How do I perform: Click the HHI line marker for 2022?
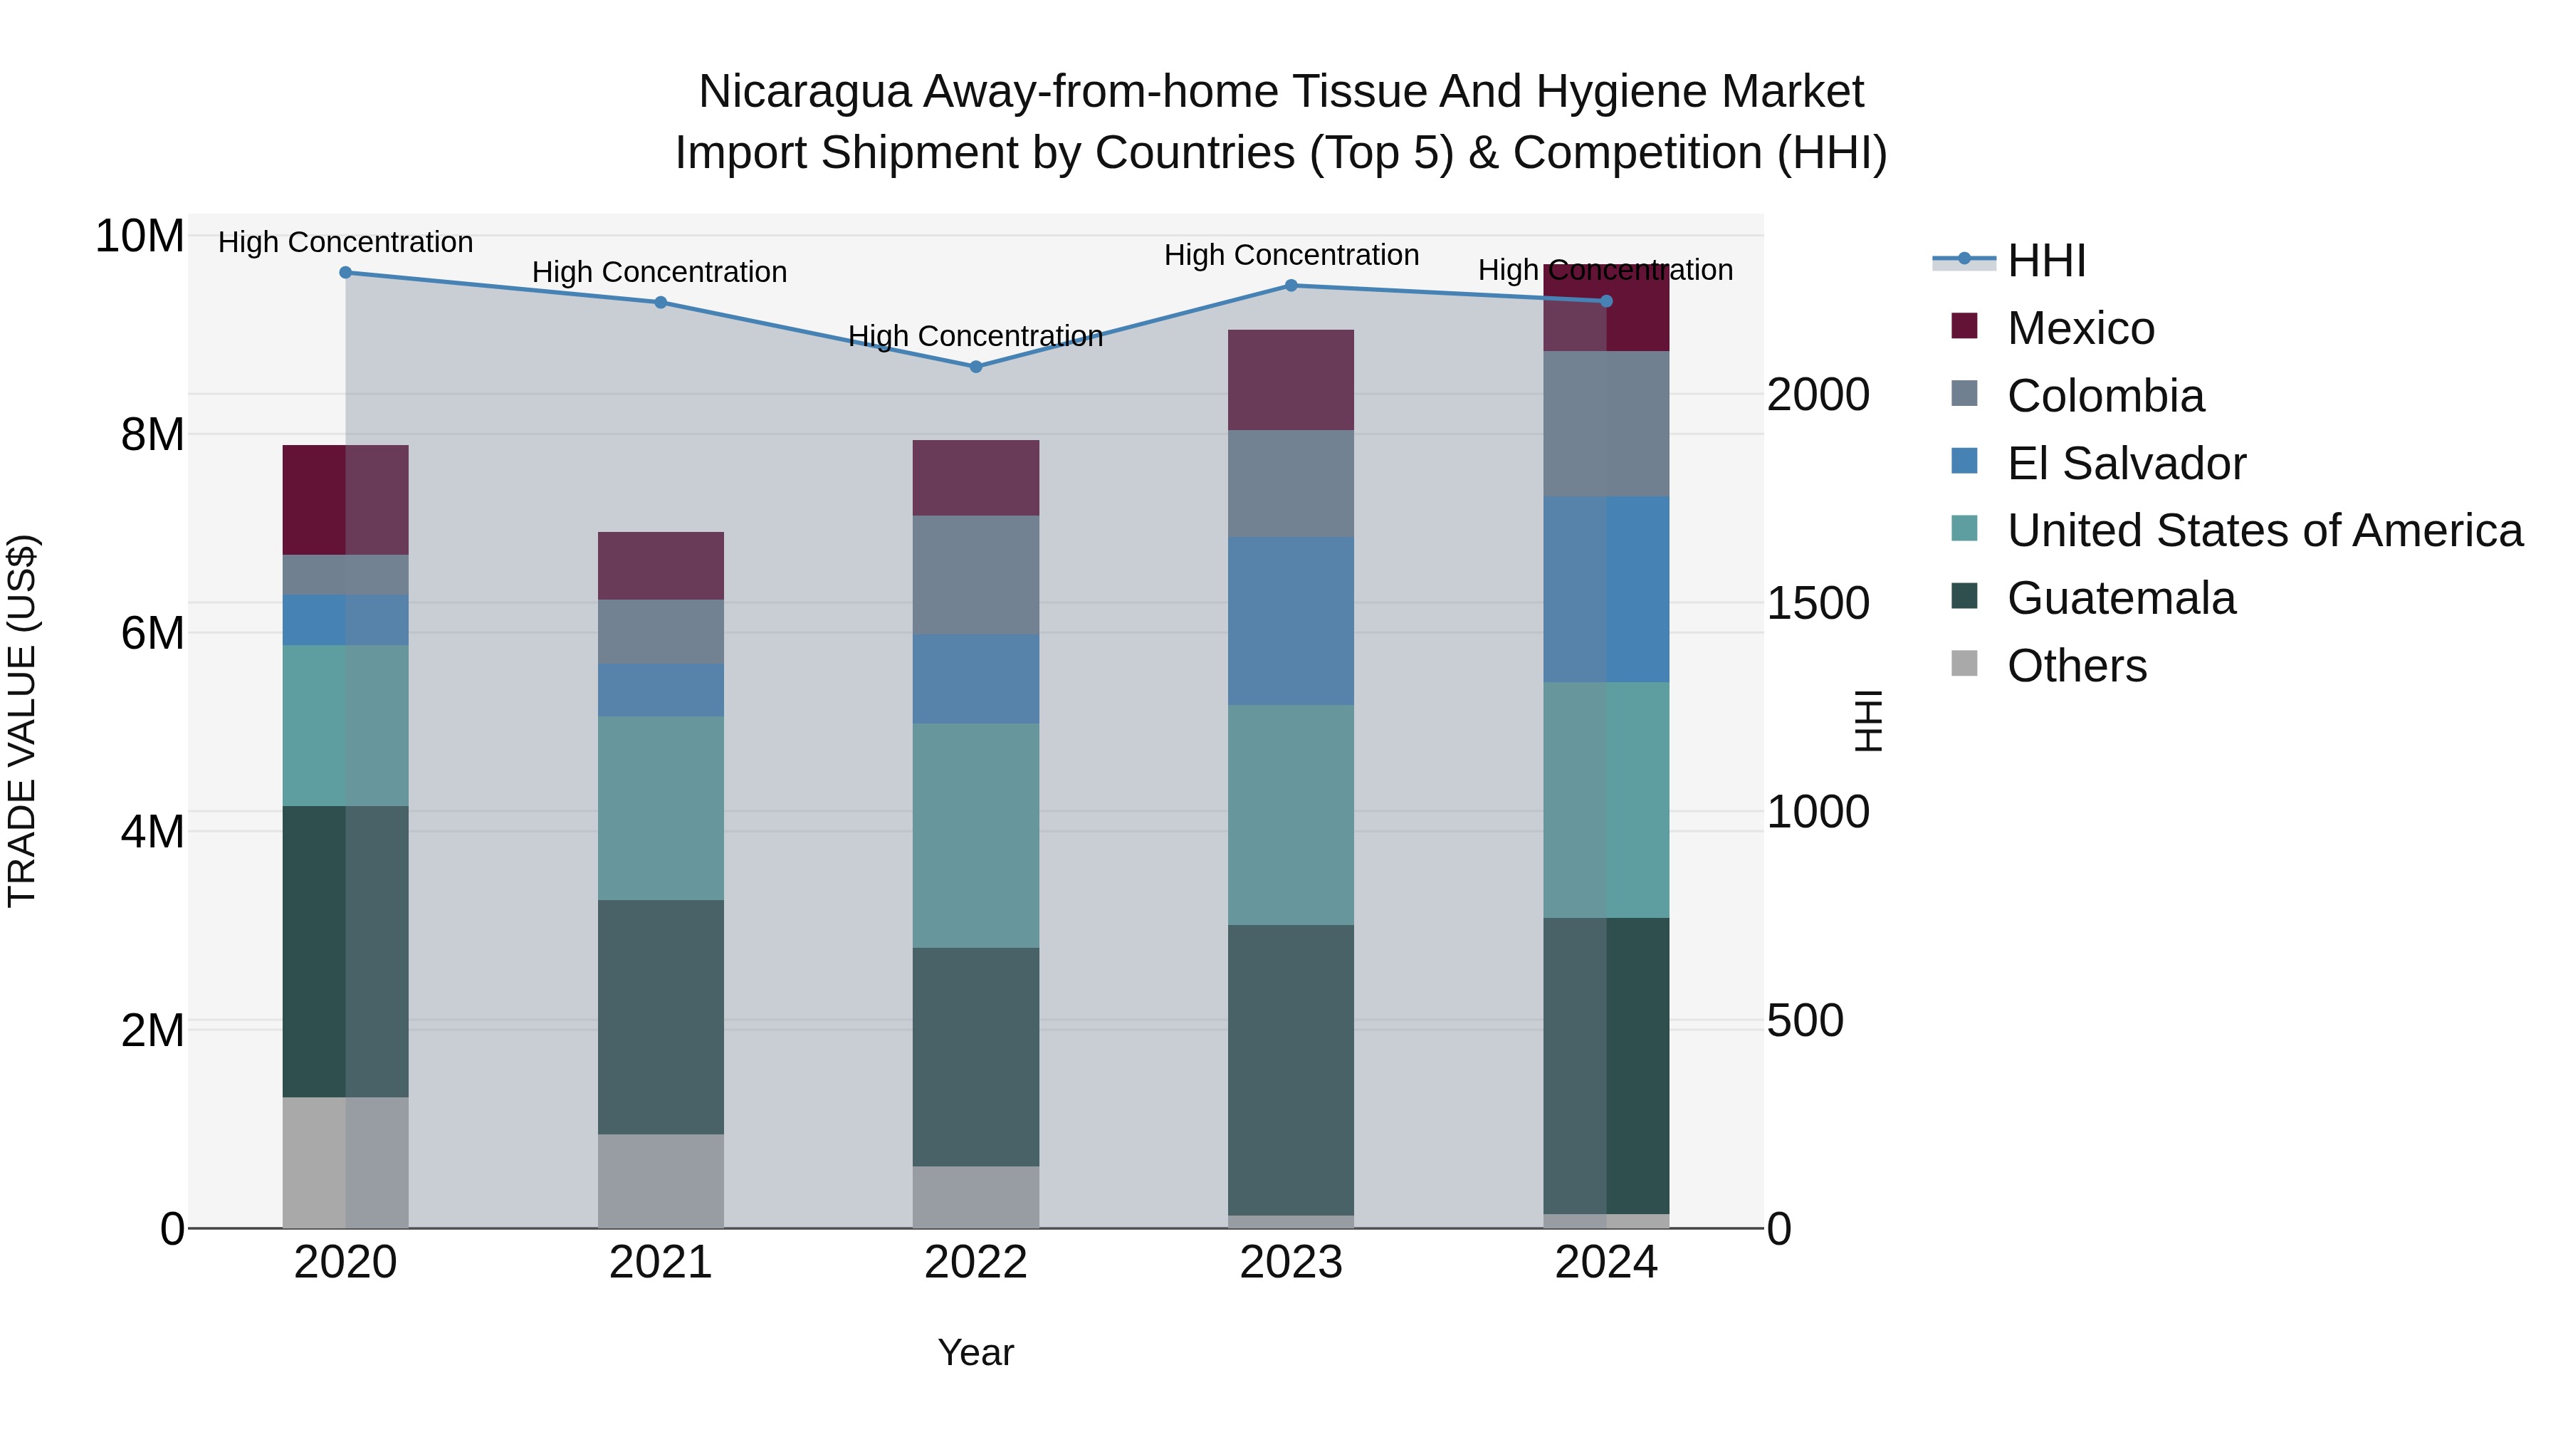pos(975,366)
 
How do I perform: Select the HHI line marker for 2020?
pos(345,273)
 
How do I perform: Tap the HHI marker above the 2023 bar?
pos(1291,286)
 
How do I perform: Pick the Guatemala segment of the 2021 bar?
pos(661,1016)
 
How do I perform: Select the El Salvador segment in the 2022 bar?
pos(975,679)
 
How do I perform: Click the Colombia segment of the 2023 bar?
pos(1291,484)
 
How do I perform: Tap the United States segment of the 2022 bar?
pos(975,835)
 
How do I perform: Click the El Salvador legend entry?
pos(2125,464)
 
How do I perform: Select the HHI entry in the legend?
pos(2045,261)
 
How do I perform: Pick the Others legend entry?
pos(2077,666)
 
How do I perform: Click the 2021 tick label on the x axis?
pos(661,1263)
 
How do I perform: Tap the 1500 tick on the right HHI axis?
pos(1817,604)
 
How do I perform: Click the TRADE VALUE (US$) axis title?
pos(23,721)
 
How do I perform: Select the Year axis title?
pos(975,1352)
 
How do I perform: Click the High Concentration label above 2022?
pos(975,336)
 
